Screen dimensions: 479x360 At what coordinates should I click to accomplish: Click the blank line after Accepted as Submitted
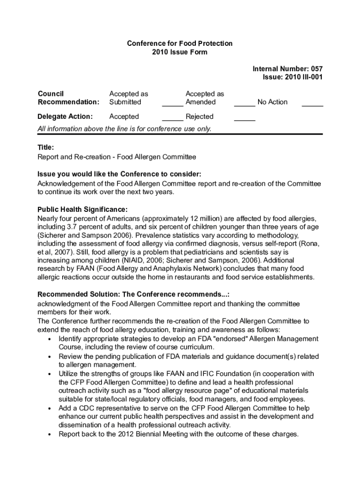[173, 106]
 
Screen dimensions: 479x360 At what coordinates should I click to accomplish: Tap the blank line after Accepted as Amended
[245, 106]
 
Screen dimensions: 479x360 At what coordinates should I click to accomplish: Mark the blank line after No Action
[312, 106]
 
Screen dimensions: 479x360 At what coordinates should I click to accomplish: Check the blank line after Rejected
[245, 120]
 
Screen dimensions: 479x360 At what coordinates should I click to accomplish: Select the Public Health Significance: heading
[82, 209]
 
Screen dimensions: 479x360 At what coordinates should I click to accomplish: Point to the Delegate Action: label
[65, 116]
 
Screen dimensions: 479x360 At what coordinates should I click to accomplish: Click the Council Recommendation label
[68, 98]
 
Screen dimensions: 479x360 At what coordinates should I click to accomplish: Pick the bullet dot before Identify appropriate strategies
[49, 339]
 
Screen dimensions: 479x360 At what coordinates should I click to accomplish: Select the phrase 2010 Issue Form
[180, 52]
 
